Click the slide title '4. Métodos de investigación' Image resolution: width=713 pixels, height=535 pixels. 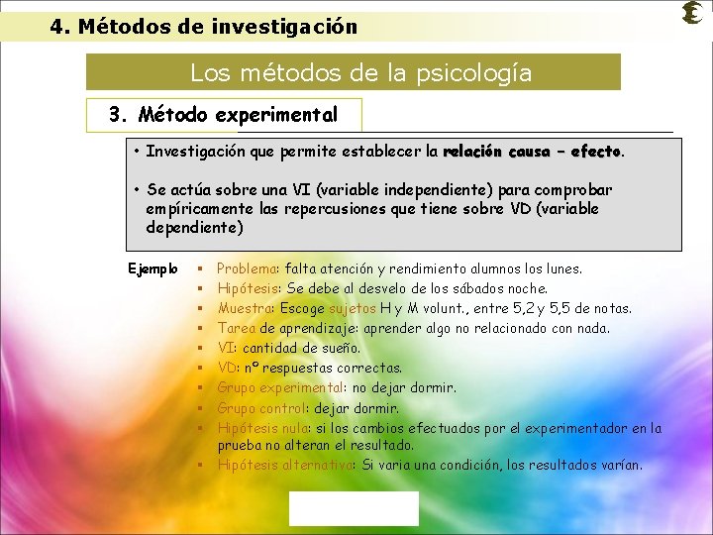point(204,27)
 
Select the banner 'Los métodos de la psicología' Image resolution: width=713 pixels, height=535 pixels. point(354,73)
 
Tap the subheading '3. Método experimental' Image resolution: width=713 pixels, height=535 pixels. point(224,115)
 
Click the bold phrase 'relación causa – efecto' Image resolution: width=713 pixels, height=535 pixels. point(532,153)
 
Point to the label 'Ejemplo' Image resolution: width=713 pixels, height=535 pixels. point(153,268)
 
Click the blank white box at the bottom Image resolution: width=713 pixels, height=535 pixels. point(354,508)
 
